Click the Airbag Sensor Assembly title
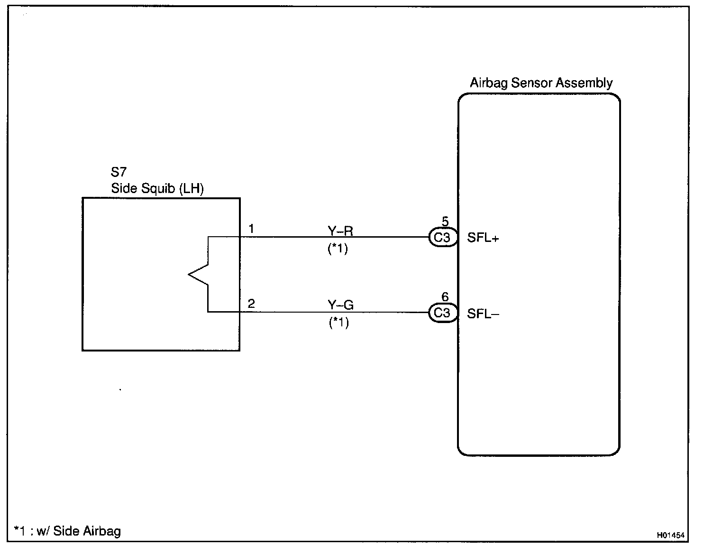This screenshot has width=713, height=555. click(541, 83)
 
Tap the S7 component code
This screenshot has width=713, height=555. click(119, 172)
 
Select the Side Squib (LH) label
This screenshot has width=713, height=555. click(157, 189)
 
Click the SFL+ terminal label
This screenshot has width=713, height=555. click(483, 238)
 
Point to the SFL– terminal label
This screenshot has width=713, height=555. click(483, 314)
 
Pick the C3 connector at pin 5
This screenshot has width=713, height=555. click(443, 237)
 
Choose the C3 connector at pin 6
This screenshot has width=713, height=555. click(443, 313)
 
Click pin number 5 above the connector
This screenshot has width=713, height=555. click(445, 222)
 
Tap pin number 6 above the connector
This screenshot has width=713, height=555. click(445, 297)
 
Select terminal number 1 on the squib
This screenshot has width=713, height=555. click(251, 229)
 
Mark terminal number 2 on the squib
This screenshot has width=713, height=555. click(251, 304)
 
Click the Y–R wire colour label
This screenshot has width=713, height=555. click(340, 231)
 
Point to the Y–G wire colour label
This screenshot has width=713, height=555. click(340, 305)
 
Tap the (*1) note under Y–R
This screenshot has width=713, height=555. click(338, 249)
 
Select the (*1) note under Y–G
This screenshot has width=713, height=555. click(339, 322)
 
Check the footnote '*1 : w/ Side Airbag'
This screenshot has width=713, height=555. click(67, 531)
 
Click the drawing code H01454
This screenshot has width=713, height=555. click(671, 535)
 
